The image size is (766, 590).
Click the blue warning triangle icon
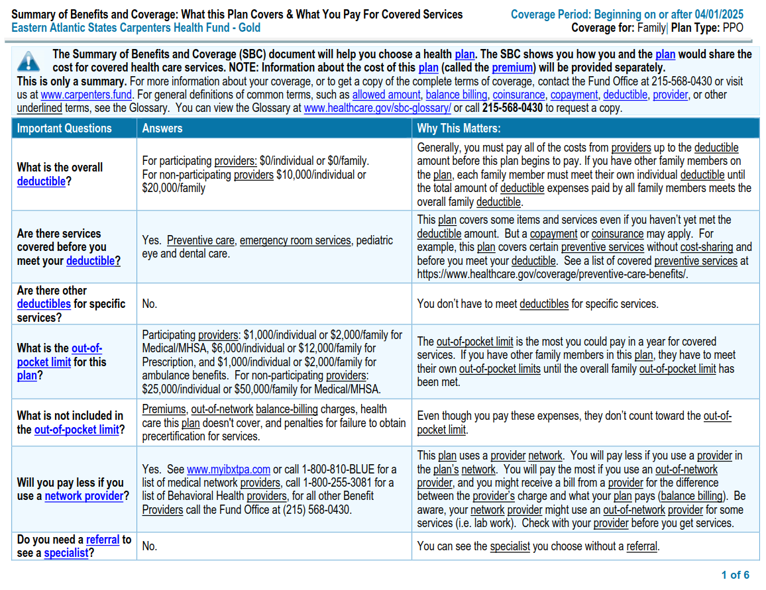[x=28, y=61]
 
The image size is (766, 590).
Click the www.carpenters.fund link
[x=86, y=95]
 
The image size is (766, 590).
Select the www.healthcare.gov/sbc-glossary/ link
[x=377, y=108]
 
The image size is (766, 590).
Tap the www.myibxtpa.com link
[x=229, y=469]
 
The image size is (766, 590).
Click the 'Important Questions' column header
[x=64, y=128]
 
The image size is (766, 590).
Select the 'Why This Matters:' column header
[x=459, y=128]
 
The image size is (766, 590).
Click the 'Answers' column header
[x=162, y=128]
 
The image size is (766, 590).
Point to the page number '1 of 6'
[x=736, y=575]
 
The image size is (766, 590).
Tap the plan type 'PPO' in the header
[x=732, y=28]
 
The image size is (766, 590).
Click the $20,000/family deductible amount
[x=174, y=188]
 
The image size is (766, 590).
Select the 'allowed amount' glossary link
[x=386, y=95]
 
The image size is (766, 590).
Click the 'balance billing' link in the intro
[x=457, y=95]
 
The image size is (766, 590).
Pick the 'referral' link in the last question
[x=103, y=540]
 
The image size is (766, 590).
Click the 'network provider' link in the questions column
[x=84, y=496]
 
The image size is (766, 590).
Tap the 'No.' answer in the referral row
[x=150, y=546]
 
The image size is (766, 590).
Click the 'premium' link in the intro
[x=513, y=68]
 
